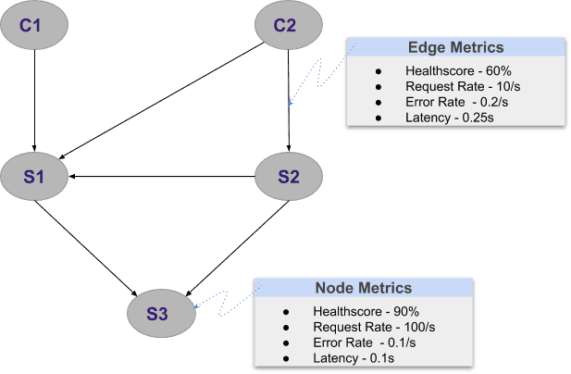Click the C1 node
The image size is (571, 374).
click(x=34, y=25)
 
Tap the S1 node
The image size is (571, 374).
click(x=34, y=175)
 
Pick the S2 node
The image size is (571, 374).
click(x=289, y=175)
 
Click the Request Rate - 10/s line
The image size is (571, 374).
click(x=453, y=86)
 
